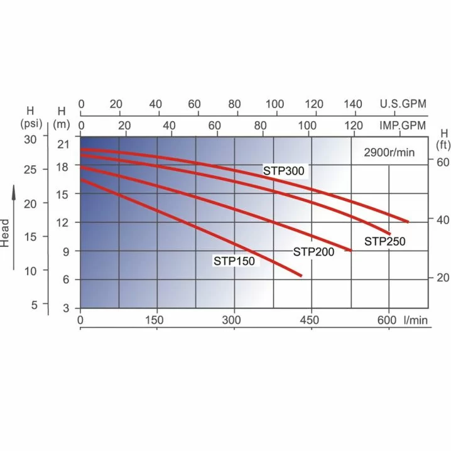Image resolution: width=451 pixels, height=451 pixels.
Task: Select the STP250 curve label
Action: pos(385,241)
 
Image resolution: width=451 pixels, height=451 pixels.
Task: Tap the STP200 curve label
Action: pos(314,252)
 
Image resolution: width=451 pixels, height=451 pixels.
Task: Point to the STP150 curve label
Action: pos(234,261)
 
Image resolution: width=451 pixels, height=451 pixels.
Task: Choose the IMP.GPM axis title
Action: pos(403,126)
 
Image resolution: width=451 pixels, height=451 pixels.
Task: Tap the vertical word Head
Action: pos(6,232)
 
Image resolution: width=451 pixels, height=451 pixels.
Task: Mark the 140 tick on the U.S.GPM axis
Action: pos(354,104)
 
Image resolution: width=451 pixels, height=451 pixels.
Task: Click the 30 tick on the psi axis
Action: pos(31,136)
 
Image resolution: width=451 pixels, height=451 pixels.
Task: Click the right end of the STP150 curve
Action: pos(301,275)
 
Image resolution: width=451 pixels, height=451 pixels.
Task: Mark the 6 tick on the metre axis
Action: pos(65,280)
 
